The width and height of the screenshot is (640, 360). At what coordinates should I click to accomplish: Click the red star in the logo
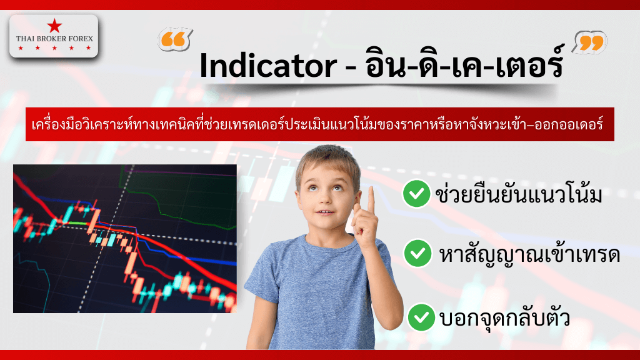[54, 26]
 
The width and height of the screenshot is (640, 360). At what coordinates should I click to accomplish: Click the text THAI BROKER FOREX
[54, 39]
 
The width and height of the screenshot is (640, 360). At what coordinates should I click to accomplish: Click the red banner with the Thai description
[319, 124]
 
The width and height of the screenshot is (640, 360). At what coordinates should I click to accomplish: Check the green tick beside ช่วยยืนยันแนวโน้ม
[416, 195]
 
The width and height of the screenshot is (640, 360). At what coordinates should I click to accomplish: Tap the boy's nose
[326, 199]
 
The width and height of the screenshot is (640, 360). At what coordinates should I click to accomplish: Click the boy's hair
[325, 156]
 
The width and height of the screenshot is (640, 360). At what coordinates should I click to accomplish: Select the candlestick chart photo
[125, 238]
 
